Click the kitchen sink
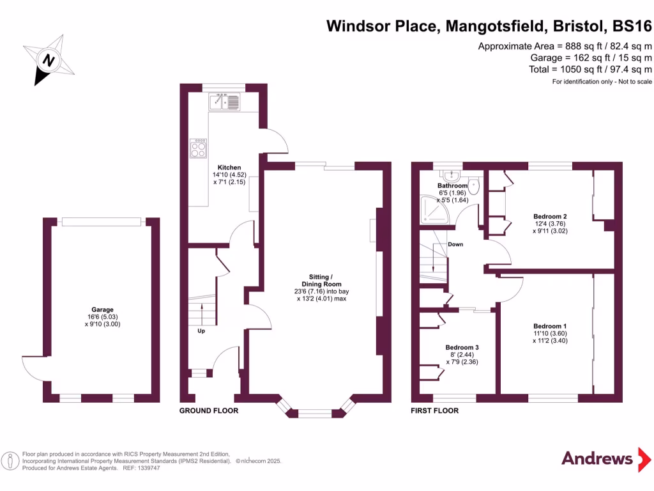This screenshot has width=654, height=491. point(224,101)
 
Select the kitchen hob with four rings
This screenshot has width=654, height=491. point(198,148)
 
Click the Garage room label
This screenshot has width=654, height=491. point(102,308)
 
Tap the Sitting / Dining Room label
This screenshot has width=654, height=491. point(321,280)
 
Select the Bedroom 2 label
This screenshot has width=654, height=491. point(550,216)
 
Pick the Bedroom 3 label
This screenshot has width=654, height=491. point(462,347)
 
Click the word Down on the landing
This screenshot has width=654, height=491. point(455,244)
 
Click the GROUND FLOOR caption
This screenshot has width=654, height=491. point(209,410)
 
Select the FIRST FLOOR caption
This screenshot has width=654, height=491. point(434,410)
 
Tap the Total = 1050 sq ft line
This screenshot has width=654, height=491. point(590,69)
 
